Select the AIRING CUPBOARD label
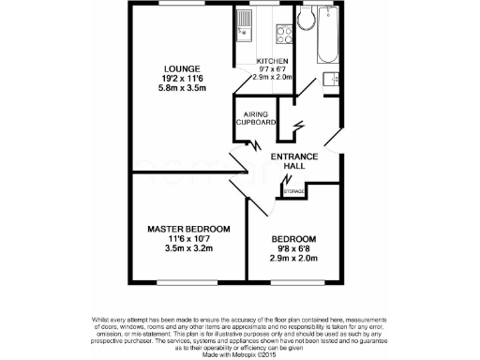(254, 119)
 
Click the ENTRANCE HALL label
(294, 159)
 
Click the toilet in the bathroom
(306, 23)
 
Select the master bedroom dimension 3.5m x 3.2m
(188, 250)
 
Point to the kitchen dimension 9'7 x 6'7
(273, 69)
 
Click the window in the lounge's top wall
(177, 7)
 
